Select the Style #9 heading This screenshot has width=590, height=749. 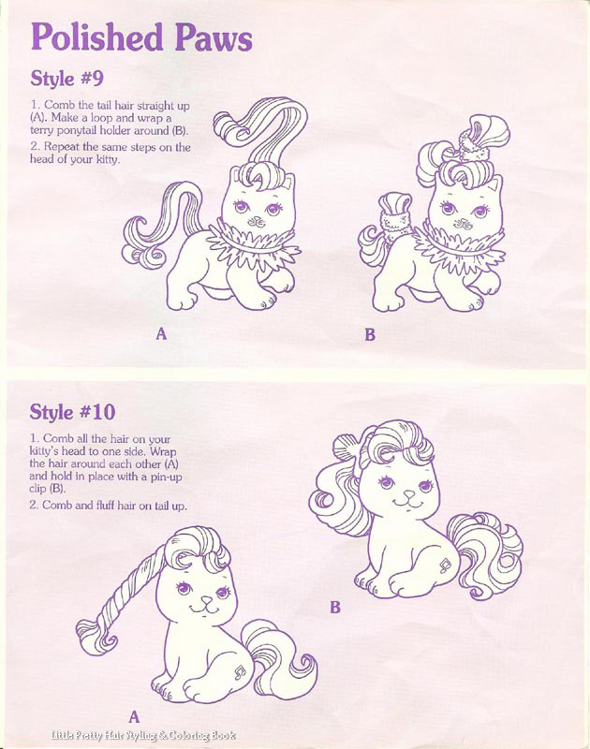pyautogui.click(x=66, y=79)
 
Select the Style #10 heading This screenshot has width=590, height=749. pyautogui.click(x=73, y=412)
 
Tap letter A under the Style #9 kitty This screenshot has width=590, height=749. pyautogui.click(x=161, y=334)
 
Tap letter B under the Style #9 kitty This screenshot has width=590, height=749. pyautogui.click(x=370, y=334)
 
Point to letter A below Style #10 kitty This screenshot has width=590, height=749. pyautogui.click(x=134, y=716)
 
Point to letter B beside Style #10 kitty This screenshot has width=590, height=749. pyautogui.click(x=335, y=607)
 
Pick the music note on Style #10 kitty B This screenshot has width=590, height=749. pyautogui.click(x=445, y=565)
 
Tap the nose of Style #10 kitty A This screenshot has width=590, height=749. pyautogui.click(x=206, y=599)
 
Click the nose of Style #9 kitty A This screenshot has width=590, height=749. pyautogui.click(x=258, y=220)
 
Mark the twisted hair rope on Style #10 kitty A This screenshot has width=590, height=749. pyautogui.click(x=129, y=594)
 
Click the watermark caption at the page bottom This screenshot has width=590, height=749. pyautogui.click(x=143, y=736)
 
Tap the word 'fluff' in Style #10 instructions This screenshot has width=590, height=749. pyautogui.click(x=105, y=505)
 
